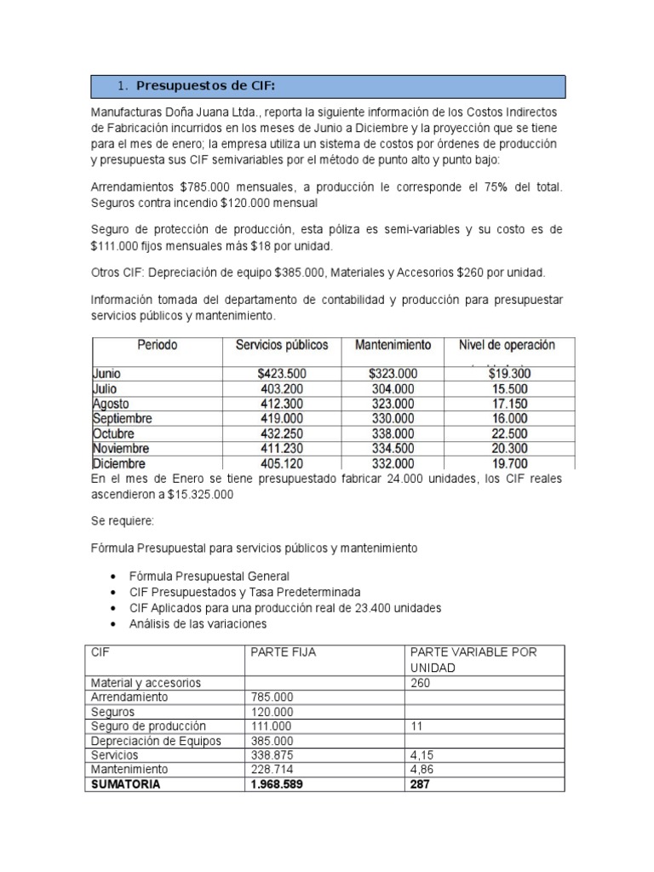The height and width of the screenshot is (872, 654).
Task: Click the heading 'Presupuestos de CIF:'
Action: tap(206, 85)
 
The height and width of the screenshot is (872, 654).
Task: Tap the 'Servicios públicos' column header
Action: tap(281, 345)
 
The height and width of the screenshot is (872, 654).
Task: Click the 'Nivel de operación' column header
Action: tap(507, 345)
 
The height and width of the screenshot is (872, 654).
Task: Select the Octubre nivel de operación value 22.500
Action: tap(509, 433)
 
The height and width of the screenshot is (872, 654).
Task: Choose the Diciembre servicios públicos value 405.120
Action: tap(281, 464)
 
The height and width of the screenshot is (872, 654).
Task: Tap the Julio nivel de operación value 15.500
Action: tap(509, 388)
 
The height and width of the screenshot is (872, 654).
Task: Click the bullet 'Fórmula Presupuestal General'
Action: tap(209, 576)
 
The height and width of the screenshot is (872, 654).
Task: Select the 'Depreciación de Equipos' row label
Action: tap(155, 741)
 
